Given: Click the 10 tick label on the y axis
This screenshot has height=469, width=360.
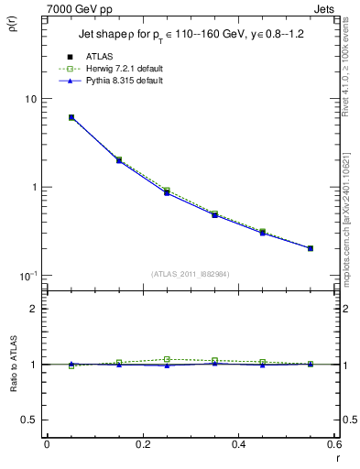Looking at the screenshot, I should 30,99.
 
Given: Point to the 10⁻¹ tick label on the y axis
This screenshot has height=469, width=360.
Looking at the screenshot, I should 28,275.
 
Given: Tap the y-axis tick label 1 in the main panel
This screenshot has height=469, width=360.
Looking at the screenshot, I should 33,187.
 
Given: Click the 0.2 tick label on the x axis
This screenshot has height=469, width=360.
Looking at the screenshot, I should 142,444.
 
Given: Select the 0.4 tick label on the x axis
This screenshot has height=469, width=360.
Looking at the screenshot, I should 238,444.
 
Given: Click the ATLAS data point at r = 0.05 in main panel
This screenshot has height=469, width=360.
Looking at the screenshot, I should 71,117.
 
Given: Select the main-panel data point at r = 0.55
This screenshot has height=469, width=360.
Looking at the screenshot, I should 310,248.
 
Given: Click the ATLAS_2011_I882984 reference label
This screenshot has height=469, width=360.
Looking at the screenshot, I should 190,274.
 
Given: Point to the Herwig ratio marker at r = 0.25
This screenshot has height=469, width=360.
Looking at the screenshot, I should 167,359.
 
